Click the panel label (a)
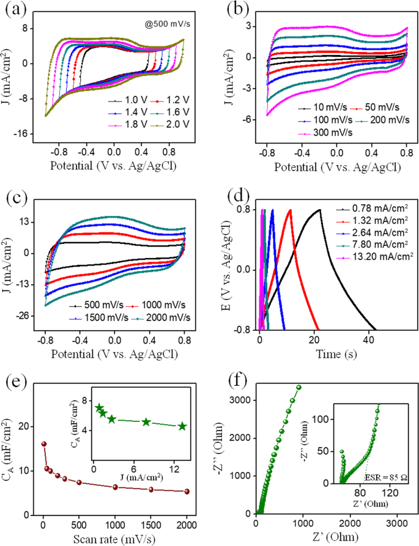tap(13, 10)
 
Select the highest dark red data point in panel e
tap(43, 444)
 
